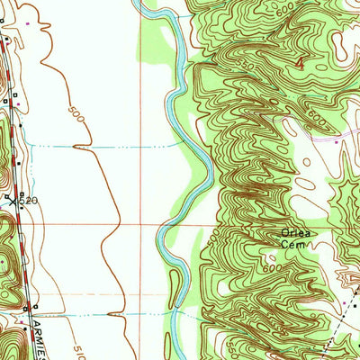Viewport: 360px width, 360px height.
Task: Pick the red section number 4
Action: [299, 64]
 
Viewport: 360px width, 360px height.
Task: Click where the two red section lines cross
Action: [141, 224]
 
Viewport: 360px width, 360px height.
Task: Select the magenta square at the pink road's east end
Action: [336, 141]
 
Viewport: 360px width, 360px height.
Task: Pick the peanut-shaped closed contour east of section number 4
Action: [339, 42]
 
